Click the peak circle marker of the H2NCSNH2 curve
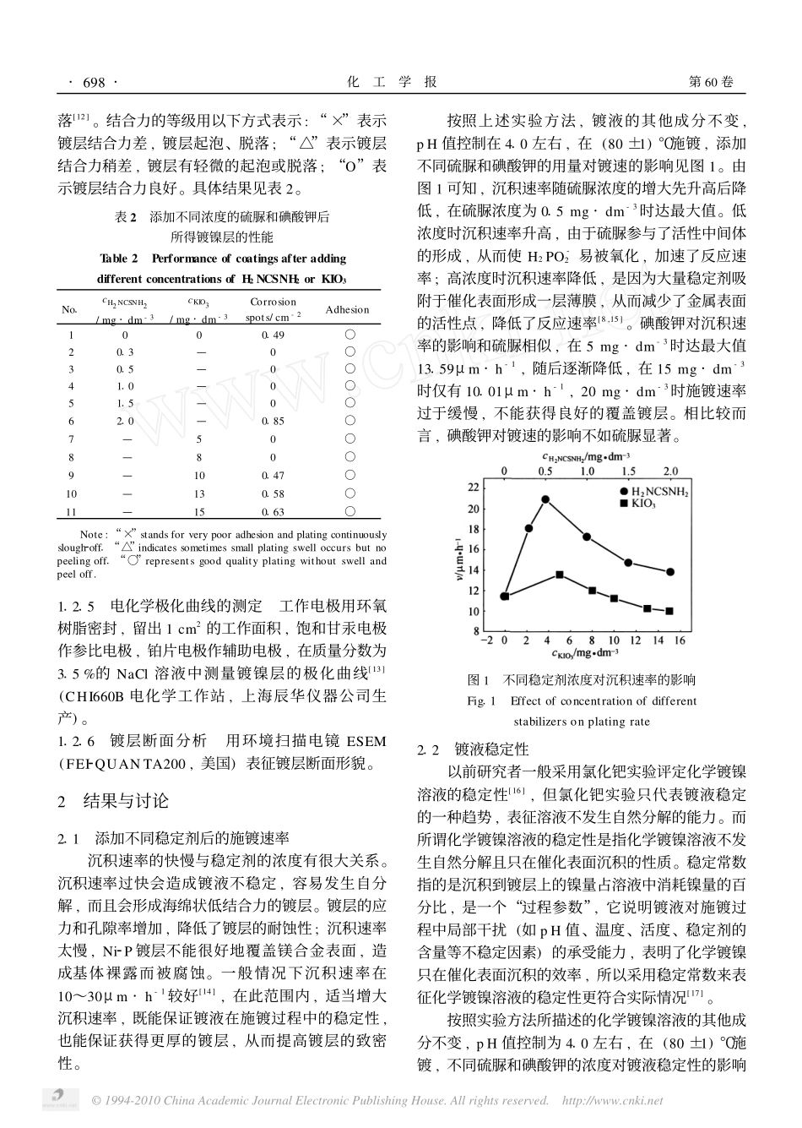[545, 499]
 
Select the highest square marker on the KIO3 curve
[560, 575]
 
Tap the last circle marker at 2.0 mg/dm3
[670, 572]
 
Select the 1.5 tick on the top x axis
[629, 471]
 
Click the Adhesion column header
[347, 309]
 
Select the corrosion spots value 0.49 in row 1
[273, 335]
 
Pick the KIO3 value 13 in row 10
[199, 493]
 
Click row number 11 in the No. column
[71, 511]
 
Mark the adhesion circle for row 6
[350, 421]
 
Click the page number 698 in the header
[94, 82]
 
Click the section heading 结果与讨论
[125, 800]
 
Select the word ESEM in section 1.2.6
[366, 742]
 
